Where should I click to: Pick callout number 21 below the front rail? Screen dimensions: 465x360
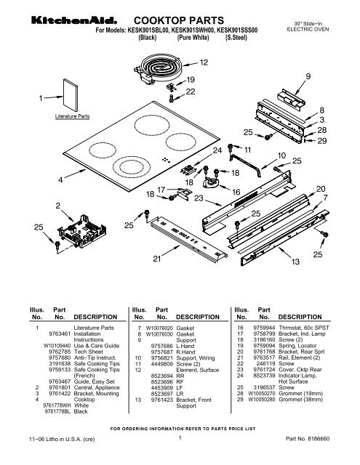pos(156,259)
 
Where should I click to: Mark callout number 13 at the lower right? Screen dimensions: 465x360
pos(295,261)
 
